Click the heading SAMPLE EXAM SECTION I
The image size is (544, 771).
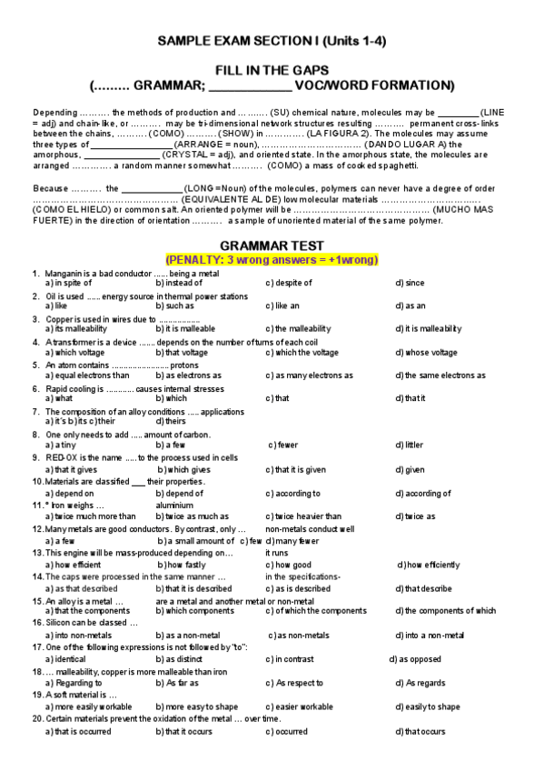272,42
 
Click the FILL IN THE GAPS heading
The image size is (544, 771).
272,70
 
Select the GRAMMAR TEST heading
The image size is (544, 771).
272,246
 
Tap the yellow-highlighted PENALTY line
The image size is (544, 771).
272,259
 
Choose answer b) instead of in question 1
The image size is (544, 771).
179,283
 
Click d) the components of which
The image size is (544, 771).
445,611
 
